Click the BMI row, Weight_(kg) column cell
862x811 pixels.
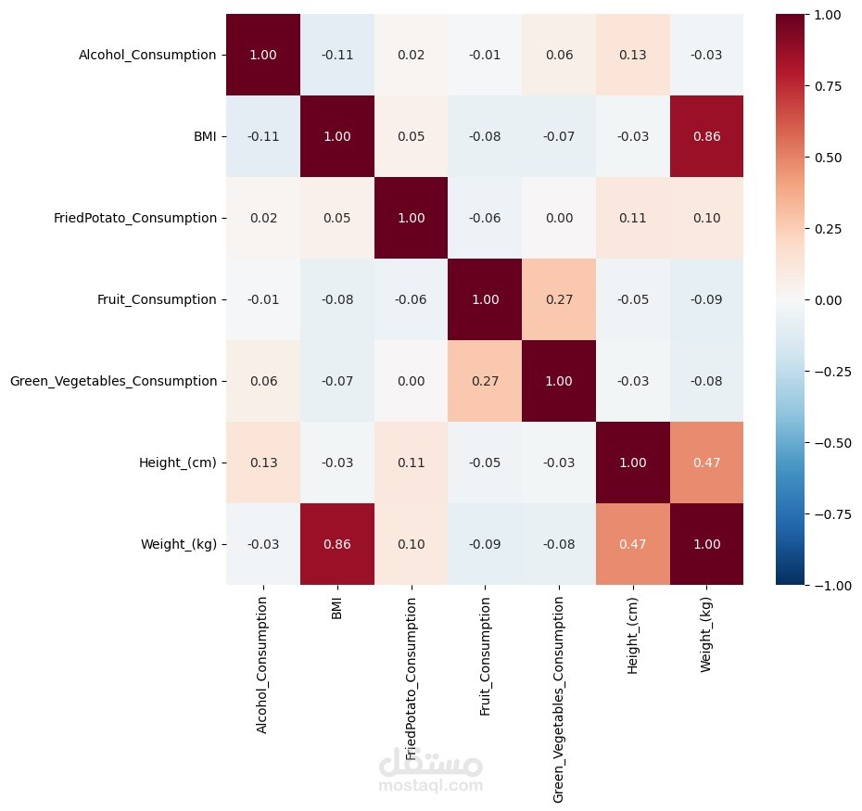click(x=705, y=136)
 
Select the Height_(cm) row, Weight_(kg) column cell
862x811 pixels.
click(x=705, y=463)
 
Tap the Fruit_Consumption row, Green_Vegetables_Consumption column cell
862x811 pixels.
click(x=558, y=299)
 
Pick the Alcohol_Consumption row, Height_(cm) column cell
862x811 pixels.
click(x=631, y=55)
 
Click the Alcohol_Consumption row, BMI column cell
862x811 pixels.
click(x=336, y=55)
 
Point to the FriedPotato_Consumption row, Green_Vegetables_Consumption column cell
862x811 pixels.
click(x=558, y=218)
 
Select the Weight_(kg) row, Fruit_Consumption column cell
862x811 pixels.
click(x=484, y=544)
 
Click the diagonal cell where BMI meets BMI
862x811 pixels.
click(x=336, y=136)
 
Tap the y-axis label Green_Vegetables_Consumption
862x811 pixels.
click(x=113, y=381)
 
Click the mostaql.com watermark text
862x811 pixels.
click(x=431, y=786)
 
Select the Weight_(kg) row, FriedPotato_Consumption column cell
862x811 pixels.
click(x=411, y=544)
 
